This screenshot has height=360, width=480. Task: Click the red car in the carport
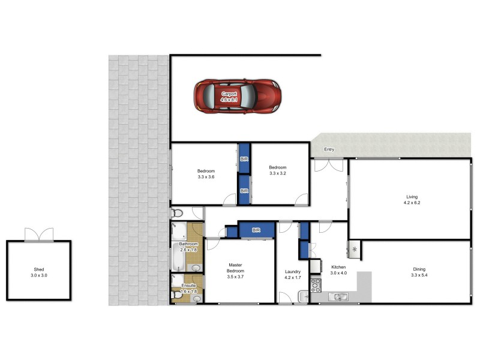[238, 96]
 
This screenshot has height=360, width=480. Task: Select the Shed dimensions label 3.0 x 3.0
[38, 275]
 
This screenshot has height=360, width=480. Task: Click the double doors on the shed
[38, 235]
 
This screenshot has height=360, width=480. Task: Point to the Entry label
[329, 149]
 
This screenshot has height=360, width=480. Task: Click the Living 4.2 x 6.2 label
[412, 200]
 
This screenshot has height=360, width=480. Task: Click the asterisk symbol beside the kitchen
[354, 249]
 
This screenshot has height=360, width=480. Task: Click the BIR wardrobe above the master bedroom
[256, 230]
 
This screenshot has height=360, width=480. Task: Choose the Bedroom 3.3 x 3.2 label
[277, 170]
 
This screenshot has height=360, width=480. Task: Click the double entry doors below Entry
[327, 164]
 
